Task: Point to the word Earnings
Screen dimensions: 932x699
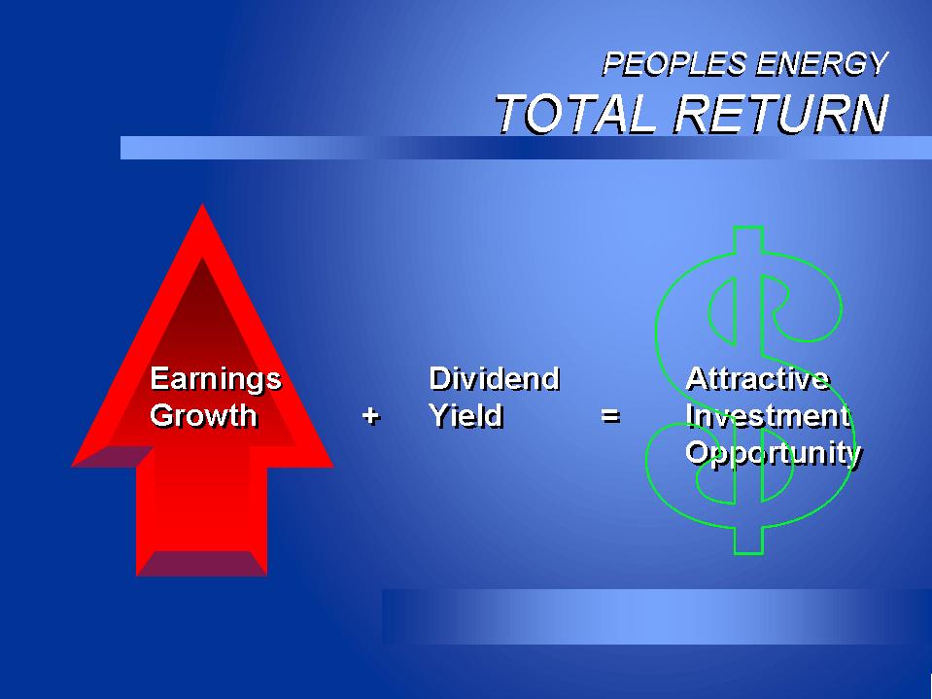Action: (x=216, y=380)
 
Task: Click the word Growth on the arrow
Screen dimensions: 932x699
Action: (x=203, y=415)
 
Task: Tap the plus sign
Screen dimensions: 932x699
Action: (x=371, y=415)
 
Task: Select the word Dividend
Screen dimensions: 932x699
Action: (x=495, y=378)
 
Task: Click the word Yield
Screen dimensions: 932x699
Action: (x=466, y=415)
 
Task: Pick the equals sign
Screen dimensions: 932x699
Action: (x=610, y=415)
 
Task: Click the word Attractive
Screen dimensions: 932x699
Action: (x=758, y=378)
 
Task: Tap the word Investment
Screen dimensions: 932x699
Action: (x=768, y=415)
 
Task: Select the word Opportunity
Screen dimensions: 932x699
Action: (x=774, y=454)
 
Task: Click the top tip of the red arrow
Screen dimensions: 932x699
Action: (x=202, y=204)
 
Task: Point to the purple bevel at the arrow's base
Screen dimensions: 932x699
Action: (x=201, y=563)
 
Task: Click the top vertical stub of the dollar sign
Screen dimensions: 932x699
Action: (x=747, y=240)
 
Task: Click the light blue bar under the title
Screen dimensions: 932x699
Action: (x=526, y=148)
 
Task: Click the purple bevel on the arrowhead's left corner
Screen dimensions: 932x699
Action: (x=113, y=457)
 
